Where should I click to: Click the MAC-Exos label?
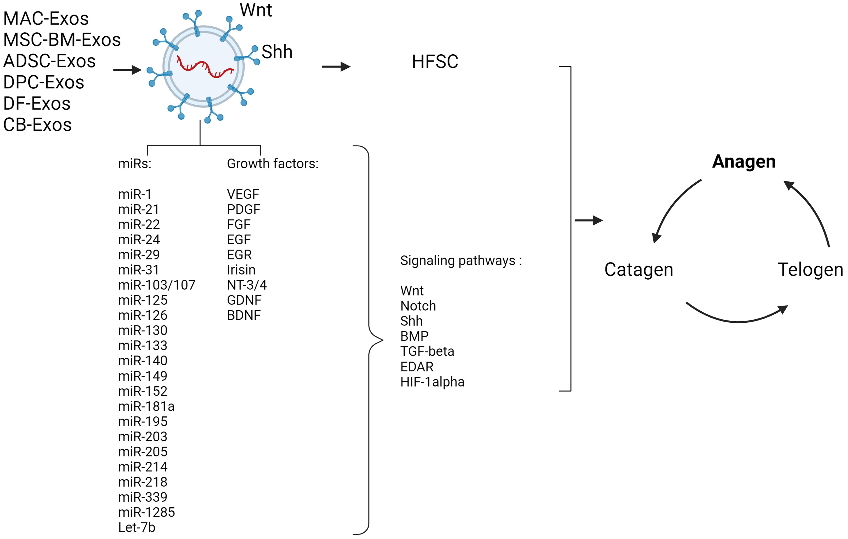coord(46,19)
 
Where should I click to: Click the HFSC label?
coord(435,62)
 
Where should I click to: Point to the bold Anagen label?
coord(744,162)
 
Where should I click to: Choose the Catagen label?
coord(639,270)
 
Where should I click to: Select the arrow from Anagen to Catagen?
coord(671,208)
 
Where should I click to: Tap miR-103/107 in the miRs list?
coord(157,285)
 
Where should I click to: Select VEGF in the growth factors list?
coord(243,194)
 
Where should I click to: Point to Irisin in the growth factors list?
coord(241,270)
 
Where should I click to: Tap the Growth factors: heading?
coord(272,164)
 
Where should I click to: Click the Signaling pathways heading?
coord(461,261)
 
